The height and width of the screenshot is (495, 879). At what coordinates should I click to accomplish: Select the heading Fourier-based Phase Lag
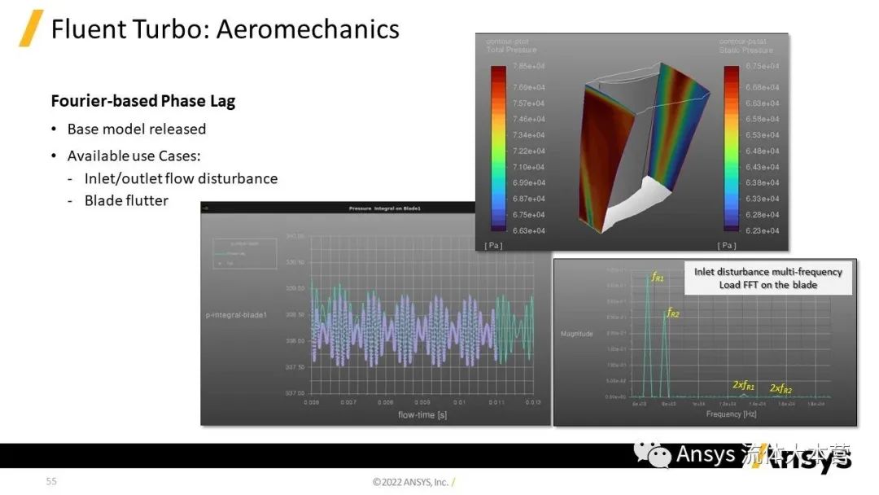pos(142,101)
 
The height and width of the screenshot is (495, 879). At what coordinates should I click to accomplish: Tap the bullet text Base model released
pos(137,129)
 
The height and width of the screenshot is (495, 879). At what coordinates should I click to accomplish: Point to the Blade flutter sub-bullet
pos(126,200)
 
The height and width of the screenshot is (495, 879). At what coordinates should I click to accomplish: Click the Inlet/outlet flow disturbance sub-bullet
pos(181,178)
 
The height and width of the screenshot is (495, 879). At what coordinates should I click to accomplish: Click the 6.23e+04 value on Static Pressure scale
pos(762,230)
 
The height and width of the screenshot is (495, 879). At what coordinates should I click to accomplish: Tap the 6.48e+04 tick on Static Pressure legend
pos(762,151)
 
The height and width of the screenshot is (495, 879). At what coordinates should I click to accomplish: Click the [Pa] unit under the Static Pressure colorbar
pos(727,245)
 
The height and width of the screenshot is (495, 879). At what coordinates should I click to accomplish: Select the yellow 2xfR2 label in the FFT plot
pos(781,389)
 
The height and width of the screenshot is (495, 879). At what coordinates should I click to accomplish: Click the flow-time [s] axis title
pos(422,415)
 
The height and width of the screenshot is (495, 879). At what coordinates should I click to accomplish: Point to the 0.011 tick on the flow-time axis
pos(496,402)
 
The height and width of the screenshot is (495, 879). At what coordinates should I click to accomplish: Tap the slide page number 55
pos(51,481)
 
